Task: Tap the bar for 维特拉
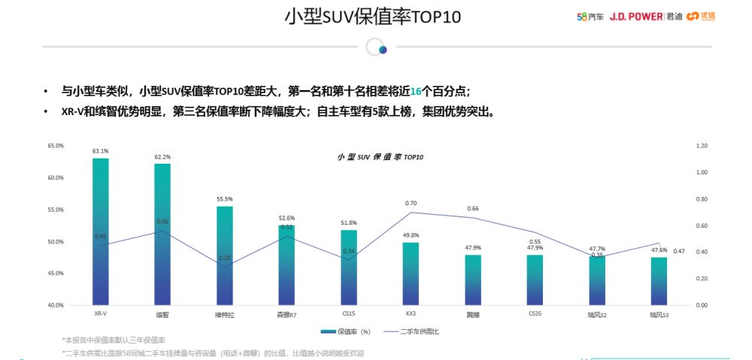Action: pyautogui.click(x=225, y=256)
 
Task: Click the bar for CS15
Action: pyautogui.click(x=348, y=268)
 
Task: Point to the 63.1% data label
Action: pyautogui.click(x=101, y=151)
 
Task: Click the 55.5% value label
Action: pyautogui.click(x=225, y=199)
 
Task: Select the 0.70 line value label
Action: pyautogui.click(x=411, y=203)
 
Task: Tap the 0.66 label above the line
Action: pyautogui.click(x=473, y=208)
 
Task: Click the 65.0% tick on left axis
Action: pyautogui.click(x=56, y=145)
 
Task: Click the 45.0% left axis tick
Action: pyautogui.click(x=56, y=274)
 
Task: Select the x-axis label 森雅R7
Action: pyautogui.click(x=287, y=314)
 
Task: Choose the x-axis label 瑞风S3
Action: pyautogui.click(x=660, y=314)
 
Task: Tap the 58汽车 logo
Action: pyautogui.click(x=590, y=17)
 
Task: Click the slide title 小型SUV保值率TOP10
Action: pyautogui.click(x=371, y=17)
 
